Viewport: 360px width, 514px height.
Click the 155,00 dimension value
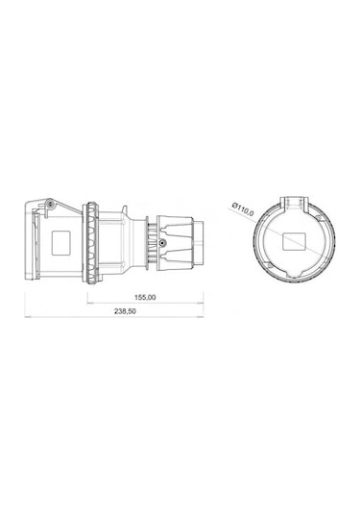(146, 298)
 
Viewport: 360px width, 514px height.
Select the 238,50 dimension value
(126, 312)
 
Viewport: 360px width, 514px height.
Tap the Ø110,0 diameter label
(243, 208)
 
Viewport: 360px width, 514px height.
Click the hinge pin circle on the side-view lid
(44, 205)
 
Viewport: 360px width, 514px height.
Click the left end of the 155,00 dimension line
(89, 304)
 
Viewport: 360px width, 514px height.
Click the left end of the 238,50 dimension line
(26, 318)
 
